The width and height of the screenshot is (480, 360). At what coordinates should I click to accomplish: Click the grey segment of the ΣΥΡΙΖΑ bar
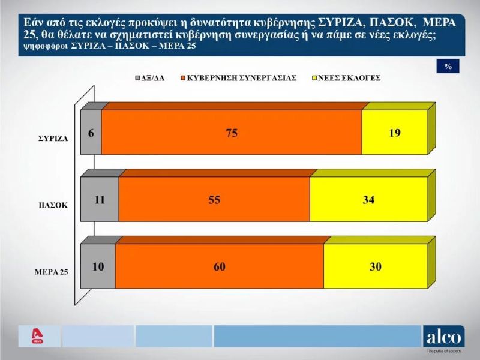point(91,132)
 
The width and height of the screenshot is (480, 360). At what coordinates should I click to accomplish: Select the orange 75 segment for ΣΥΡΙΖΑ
point(232,132)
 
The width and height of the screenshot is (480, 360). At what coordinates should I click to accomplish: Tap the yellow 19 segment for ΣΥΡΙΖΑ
point(395,132)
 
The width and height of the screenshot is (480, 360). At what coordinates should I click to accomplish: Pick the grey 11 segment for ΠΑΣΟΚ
point(100,199)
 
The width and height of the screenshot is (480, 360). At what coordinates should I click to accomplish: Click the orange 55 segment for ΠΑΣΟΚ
point(214,199)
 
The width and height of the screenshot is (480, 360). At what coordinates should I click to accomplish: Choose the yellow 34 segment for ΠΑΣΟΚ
point(368,199)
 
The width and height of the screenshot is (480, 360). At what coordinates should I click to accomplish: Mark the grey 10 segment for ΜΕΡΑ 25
point(98,266)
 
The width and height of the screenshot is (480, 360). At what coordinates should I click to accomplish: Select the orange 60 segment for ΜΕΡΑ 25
point(220,266)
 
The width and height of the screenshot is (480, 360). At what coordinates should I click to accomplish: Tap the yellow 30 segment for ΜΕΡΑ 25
point(376,266)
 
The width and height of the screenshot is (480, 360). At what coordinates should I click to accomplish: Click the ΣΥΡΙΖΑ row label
point(53,139)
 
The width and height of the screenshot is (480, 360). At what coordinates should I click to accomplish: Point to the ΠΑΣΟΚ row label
point(53,205)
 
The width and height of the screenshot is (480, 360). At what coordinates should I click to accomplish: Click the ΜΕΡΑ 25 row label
point(52,272)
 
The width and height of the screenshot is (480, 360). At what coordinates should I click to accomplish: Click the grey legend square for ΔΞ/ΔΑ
point(138,78)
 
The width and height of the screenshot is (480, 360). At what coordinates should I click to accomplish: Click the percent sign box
point(448,66)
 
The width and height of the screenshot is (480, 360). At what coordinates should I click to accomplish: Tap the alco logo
point(443,337)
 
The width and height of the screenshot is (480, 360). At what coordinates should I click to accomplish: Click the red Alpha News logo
point(37,336)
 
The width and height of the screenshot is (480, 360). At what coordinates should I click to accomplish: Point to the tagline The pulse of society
point(443,352)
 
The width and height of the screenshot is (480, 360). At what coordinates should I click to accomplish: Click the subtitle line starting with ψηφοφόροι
point(110,46)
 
